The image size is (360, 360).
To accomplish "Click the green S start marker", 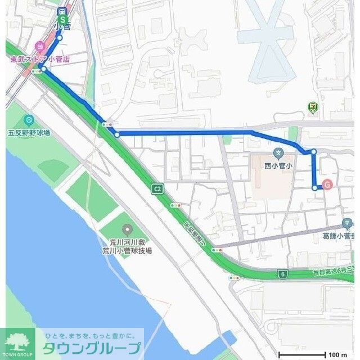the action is [x=62, y=21].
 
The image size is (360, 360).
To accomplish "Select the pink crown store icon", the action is [x=39, y=47].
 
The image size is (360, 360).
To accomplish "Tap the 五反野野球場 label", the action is [x=29, y=133].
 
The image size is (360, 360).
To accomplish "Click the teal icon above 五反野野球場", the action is [x=29, y=120].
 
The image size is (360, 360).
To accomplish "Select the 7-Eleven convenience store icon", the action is [x=313, y=107].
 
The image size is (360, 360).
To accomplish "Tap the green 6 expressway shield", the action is [x=283, y=274].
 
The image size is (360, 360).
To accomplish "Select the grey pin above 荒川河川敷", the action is [x=127, y=229].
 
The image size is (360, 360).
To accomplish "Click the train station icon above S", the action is [x=62, y=10].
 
